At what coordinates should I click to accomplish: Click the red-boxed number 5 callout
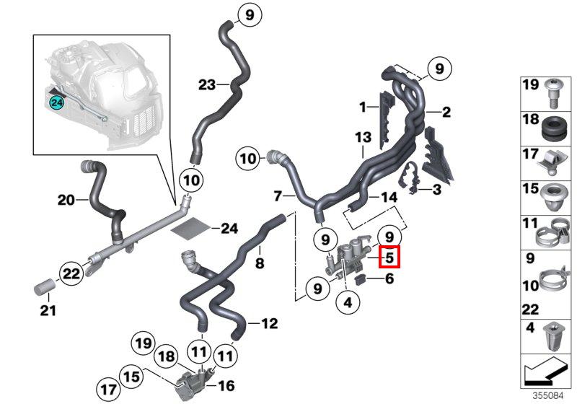[389, 256]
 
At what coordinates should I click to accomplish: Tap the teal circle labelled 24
[57, 102]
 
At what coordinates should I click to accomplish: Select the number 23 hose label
[206, 84]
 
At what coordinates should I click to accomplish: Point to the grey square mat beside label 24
[191, 228]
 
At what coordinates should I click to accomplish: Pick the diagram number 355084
[548, 396]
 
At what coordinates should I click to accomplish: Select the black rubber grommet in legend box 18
[553, 128]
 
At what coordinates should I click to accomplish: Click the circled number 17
[108, 390]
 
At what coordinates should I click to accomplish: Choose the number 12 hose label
[269, 323]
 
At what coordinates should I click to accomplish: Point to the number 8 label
[260, 263]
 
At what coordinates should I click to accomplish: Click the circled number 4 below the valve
[348, 302]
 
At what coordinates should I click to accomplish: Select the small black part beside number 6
[360, 281]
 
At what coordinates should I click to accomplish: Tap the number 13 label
[364, 138]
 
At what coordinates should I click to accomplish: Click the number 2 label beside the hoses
[446, 112]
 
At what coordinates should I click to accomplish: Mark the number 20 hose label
[66, 200]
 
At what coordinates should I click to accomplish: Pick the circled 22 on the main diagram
[71, 273]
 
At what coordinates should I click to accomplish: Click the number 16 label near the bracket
[226, 385]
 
